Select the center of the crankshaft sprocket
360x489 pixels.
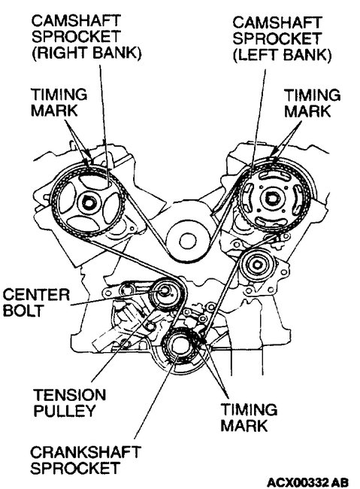[x=181, y=348]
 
